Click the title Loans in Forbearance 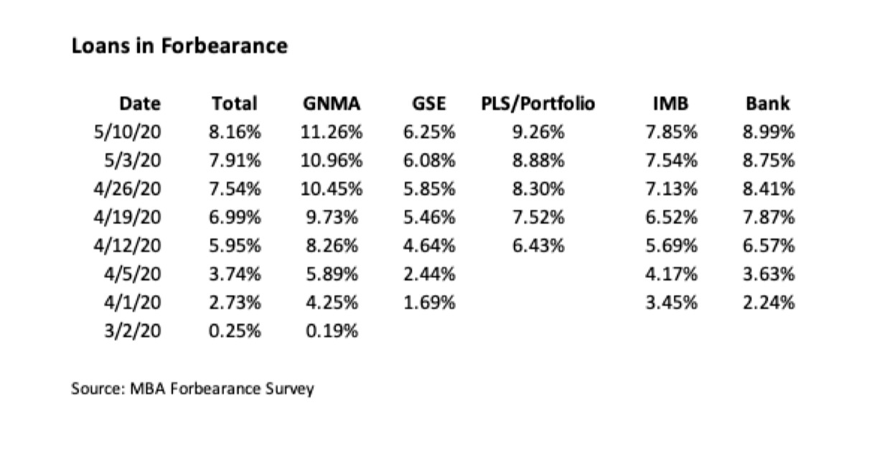[179, 46]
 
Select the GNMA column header [331, 103]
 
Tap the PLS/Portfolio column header [538, 103]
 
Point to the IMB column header [671, 103]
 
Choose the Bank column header [767, 103]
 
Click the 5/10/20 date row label [127, 132]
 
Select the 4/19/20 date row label [127, 217]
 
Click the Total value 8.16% [235, 132]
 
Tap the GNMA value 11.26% [331, 132]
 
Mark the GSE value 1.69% [428, 302]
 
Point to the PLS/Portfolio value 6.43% [538, 246]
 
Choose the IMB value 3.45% [671, 302]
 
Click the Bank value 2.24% [769, 302]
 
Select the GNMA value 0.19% [331, 331]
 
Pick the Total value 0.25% [235, 331]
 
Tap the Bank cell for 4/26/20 [769, 189]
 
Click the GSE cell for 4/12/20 [428, 246]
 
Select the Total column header [235, 103]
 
